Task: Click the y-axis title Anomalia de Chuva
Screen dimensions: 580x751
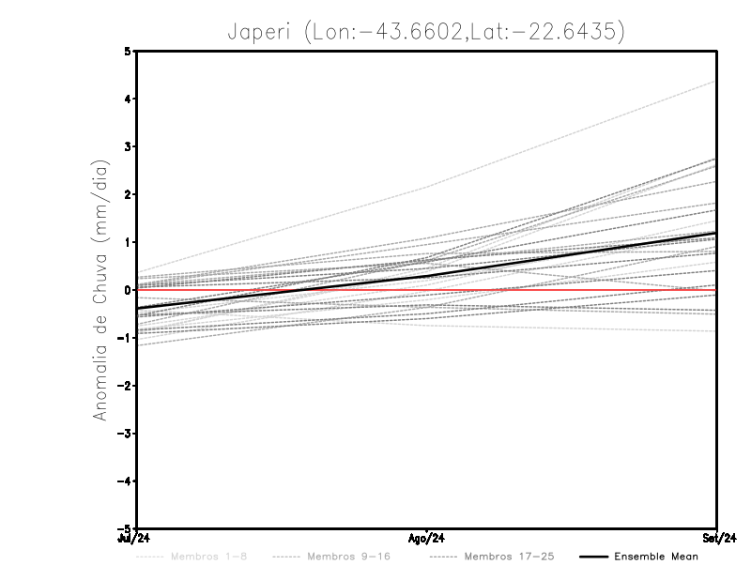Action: pos(101,291)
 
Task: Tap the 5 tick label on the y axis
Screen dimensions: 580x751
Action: pos(128,51)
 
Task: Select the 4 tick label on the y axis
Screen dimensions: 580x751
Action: pos(128,99)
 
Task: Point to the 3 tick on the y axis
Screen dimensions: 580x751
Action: pos(128,146)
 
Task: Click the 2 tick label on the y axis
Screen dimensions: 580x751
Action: pos(128,194)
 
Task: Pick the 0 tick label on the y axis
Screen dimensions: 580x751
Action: pos(128,290)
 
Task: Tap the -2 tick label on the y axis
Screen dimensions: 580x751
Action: pos(125,386)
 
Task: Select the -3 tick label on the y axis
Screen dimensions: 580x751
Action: pos(125,434)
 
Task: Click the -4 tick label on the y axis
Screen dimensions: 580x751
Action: pos(125,481)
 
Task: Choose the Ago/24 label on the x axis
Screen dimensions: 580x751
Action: pos(427,539)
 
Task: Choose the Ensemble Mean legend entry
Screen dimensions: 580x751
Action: pos(655,557)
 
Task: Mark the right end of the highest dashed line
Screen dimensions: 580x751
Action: pos(716,81)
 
